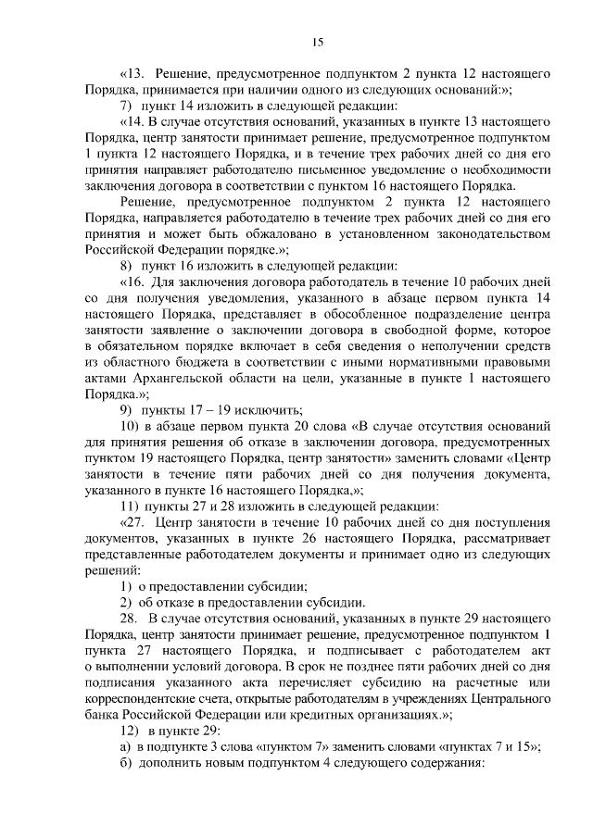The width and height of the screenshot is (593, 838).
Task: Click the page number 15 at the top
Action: (x=317, y=42)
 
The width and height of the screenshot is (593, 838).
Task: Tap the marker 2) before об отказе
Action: (x=128, y=599)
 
